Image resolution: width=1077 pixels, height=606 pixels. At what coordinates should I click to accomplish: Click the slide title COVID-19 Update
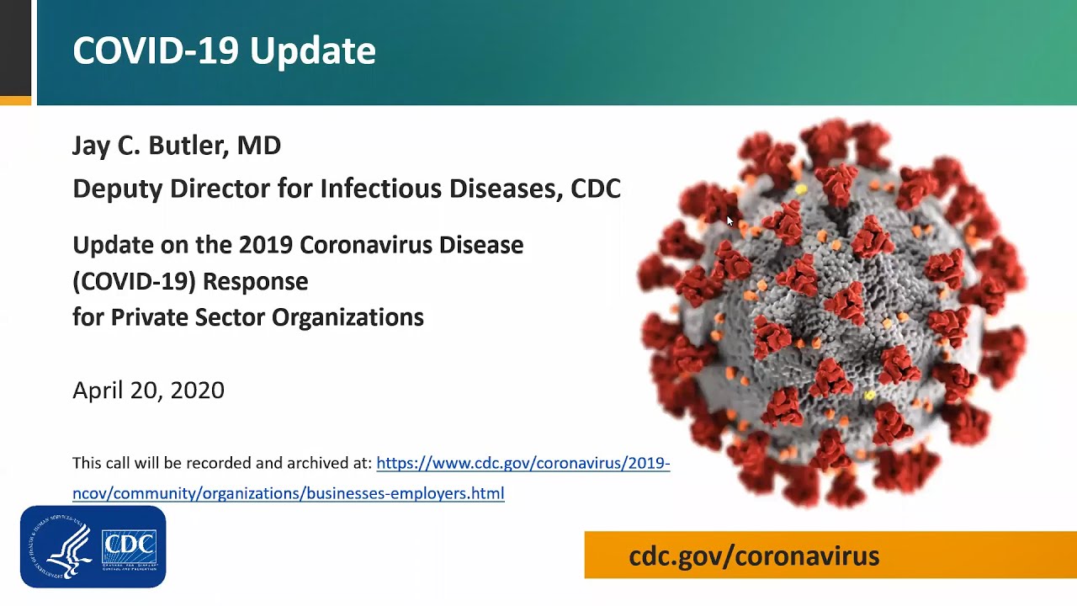224,50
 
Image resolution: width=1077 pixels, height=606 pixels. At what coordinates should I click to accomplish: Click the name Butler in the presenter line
188,146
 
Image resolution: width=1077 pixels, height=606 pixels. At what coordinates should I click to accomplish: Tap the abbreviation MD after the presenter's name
258,146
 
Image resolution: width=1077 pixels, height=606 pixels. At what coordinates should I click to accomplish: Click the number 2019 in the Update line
266,245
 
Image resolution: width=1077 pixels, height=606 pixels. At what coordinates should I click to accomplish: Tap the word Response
255,282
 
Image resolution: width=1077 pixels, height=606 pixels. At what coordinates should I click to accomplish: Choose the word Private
149,317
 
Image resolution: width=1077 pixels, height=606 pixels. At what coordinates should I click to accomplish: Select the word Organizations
348,318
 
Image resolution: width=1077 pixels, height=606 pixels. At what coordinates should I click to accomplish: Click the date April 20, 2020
149,390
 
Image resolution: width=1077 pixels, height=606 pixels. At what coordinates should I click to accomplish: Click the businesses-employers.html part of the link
406,494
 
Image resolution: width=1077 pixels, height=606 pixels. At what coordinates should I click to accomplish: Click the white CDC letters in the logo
130,545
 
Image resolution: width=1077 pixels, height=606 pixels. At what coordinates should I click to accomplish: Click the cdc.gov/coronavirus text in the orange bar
754,556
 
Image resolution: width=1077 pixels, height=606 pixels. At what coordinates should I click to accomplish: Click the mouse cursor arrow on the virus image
729,221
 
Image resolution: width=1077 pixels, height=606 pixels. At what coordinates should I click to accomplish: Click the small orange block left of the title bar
15,100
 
